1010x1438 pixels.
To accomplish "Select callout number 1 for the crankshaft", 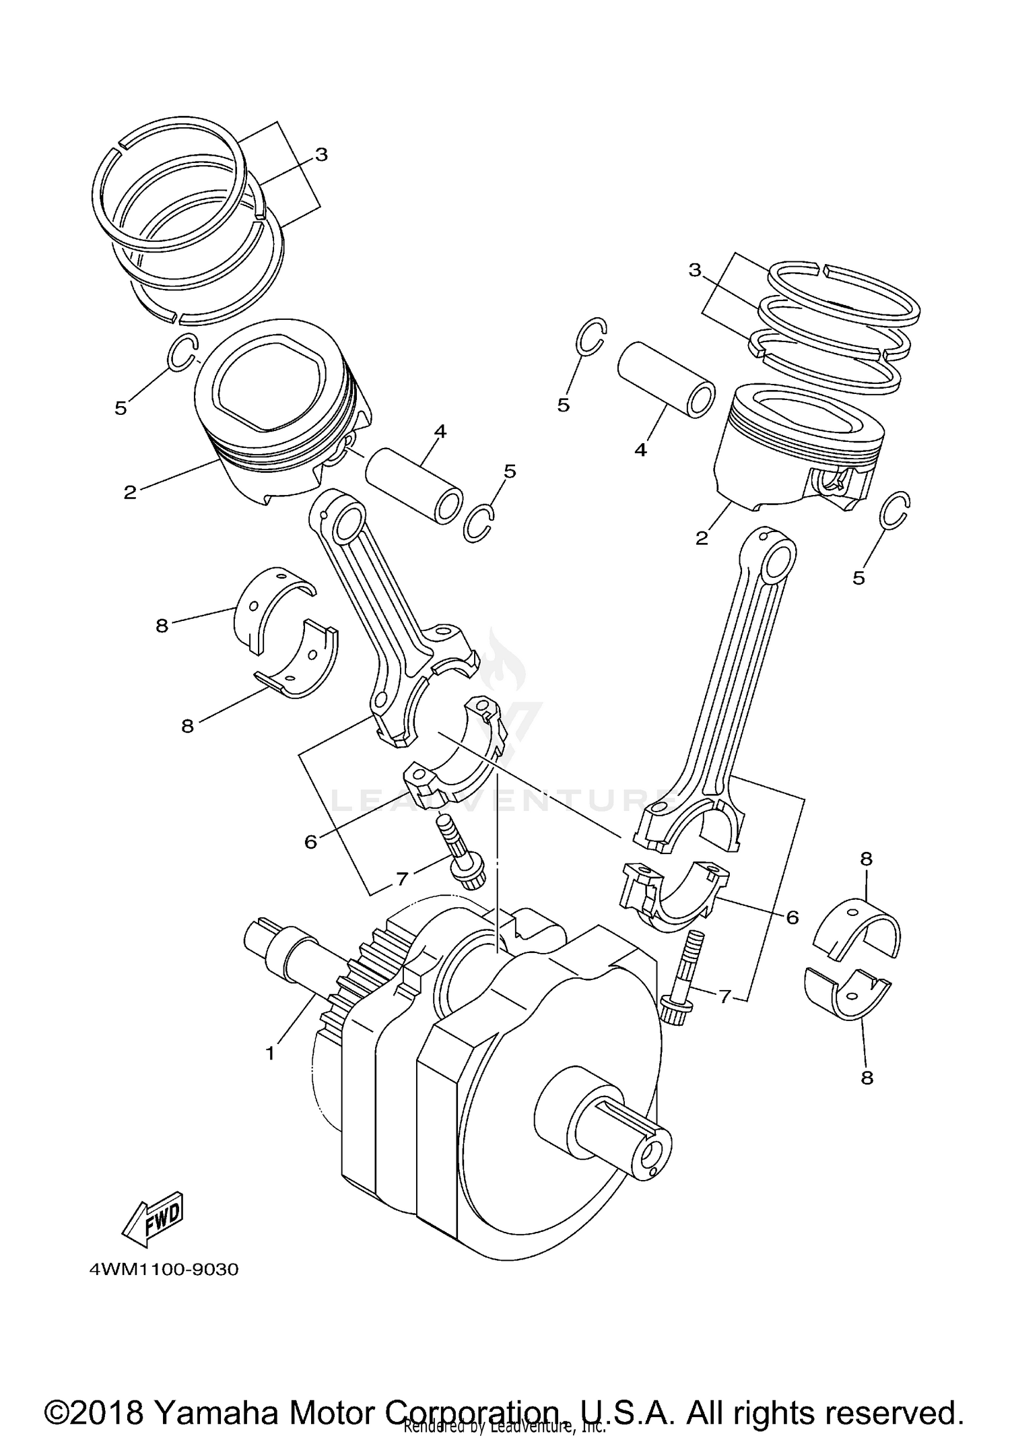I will pyautogui.click(x=270, y=1053).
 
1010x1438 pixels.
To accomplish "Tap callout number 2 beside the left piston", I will pyautogui.click(x=130, y=492).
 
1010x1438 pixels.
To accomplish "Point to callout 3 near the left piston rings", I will pyautogui.click(x=321, y=154).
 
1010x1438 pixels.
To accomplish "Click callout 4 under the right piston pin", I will pyautogui.click(x=640, y=449).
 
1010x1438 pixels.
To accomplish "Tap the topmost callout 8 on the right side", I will pyautogui.click(x=867, y=859).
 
